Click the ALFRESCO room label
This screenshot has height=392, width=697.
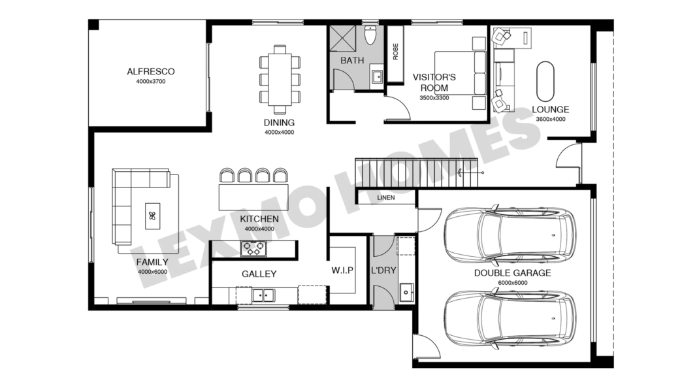[x=151, y=71]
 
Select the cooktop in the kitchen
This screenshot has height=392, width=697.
[x=254, y=248]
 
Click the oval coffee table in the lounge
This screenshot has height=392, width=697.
[x=545, y=82]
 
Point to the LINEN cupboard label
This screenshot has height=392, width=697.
[x=386, y=197]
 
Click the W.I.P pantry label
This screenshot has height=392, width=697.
[x=342, y=270]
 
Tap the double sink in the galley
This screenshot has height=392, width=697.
[x=263, y=295]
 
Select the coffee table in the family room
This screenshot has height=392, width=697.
[x=152, y=216]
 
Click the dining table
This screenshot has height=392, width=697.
[x=280, y=79]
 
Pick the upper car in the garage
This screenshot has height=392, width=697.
[x=510, y=233]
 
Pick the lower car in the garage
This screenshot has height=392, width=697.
[x=510, y=318]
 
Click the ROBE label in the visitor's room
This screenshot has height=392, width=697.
[x=395, y=52]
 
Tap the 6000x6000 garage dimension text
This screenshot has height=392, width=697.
[x=513, y=283]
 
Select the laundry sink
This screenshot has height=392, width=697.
[x=406, y=293]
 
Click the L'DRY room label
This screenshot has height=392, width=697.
[x=383, y=270]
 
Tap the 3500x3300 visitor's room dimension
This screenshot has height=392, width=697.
[x=434, y=98]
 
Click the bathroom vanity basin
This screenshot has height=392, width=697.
[x=378, y=77]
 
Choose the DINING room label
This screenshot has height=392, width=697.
[x=279, y=123]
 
